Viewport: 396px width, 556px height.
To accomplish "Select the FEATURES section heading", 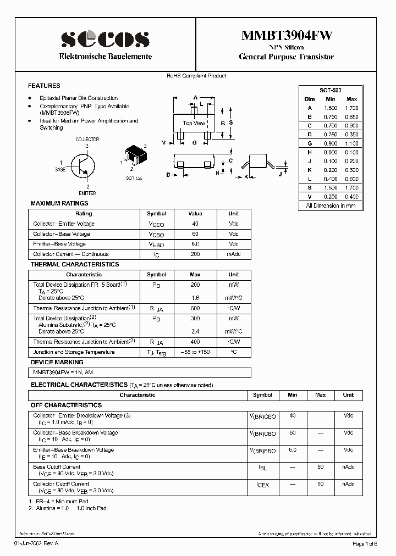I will [x=44, y=86].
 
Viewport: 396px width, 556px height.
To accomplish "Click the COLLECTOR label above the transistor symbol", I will [x=87, y=140].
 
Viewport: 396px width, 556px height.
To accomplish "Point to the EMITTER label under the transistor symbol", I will [x=87, y=193].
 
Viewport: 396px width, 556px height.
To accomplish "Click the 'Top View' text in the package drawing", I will [x=194, y=123].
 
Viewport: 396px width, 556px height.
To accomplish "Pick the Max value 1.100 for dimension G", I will [x=351, y=143].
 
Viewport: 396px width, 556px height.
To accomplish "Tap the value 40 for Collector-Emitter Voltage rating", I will [x=195, y=224].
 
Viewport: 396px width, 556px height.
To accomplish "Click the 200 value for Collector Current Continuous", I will [x=195, y=254].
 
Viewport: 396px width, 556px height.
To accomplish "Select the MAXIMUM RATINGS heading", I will [x=59, y=203].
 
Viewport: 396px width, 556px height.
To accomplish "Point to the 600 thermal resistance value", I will [x=195, y=308].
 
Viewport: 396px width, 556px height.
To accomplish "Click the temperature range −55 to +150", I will [x=195, y=352].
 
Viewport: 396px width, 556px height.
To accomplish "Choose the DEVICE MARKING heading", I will [x=57, y=362].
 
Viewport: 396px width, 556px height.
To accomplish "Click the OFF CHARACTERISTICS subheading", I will [x=66, y=405].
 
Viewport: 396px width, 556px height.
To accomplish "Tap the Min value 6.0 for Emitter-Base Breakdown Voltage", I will [x=292, y=450].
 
